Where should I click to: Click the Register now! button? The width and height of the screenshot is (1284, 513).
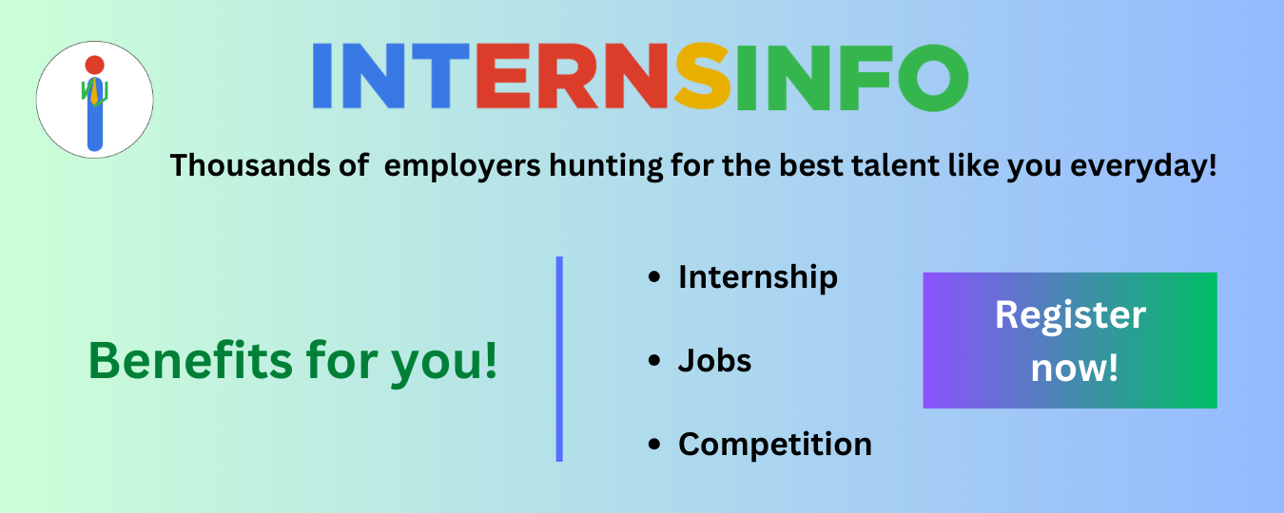(1070, 340)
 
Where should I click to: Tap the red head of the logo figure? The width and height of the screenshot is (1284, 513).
(94, 65)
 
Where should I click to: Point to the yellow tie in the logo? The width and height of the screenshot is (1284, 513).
(94, 92)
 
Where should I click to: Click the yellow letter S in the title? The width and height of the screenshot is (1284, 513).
(703, 76)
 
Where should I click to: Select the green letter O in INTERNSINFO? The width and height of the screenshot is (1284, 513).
(933, 77)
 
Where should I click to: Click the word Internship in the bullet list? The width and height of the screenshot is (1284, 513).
(758, 277)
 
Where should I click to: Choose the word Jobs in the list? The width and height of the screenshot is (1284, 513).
(714, 361)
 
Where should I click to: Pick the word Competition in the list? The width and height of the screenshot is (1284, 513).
(775, 445)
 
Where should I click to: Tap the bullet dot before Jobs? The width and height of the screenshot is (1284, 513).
(654, 361)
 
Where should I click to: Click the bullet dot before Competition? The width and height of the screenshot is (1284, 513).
(654, 445)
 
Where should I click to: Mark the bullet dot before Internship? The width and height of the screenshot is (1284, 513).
(654, 277)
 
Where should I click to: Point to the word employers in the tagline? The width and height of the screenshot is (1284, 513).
(462, 166)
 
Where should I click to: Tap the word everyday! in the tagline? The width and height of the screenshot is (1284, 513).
(1143, 166)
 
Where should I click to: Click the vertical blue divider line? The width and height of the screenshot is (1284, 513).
(559, 359)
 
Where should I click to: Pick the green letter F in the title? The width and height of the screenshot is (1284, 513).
(865, 77)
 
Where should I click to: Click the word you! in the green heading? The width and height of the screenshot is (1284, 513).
(443, 362)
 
